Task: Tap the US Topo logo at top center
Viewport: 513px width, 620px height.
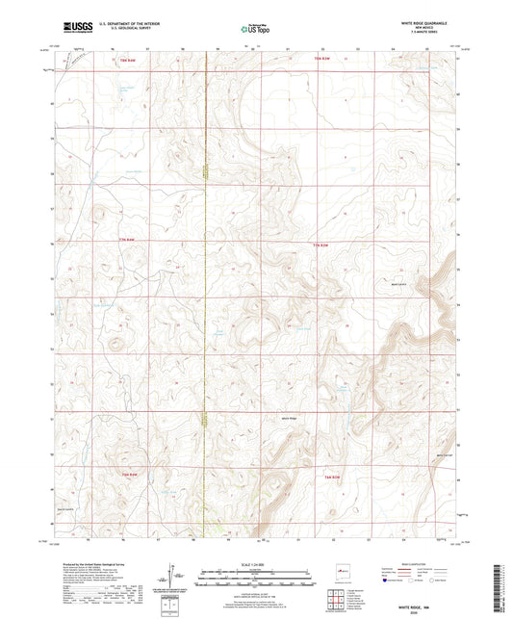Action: coord(255,28)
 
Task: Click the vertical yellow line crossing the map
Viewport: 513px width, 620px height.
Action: coord(205,289)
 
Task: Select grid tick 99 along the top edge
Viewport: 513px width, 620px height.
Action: coord(218,44)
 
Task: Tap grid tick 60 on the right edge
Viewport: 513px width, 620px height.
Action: coord(458,94)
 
